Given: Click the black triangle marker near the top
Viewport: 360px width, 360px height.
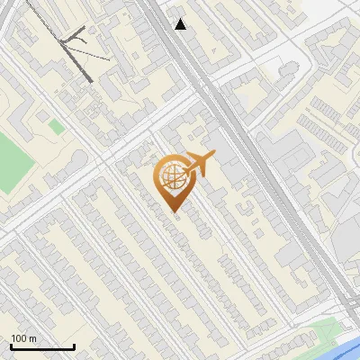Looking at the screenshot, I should click(x=181, y=24).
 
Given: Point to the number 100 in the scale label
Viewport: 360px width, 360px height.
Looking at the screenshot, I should click(x=19, y=339).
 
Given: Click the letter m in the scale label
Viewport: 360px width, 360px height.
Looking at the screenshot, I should click(x=32, y=339).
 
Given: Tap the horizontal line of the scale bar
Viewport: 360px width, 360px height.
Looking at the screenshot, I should click(x=42, y=346).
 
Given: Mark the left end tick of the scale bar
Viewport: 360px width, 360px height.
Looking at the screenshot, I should click(x=11, y=345).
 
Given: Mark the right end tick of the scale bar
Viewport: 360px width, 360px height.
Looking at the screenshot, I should click(x=74, y=345).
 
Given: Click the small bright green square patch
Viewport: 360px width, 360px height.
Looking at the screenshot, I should click(x=57, y=128).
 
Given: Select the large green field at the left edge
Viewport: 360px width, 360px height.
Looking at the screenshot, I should click(x=12, y=163).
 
